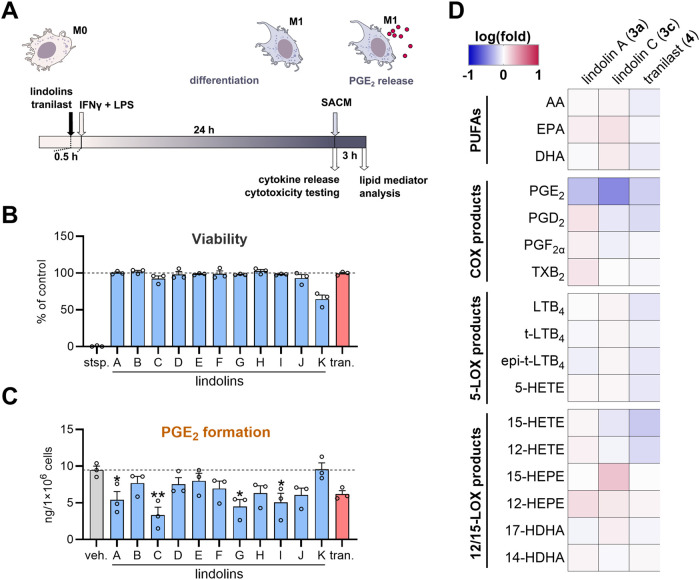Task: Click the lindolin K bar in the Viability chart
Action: [x=321, y=323]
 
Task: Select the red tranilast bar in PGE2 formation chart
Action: [x=342, y=517]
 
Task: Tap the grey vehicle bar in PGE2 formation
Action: [x=96, y=505]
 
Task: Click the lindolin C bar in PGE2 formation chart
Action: [x=158, y=527]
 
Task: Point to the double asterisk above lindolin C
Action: [x=158, y=496]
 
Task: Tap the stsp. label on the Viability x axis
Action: [x=96, y=363]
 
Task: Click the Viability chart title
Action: [x=219, y=239]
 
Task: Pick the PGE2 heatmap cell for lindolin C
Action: [x=614, y=191]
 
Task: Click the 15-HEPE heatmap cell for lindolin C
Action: [x=614, y=477]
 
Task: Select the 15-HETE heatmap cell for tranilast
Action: [x=645, y=423]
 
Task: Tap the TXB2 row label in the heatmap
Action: [x=548, y=273]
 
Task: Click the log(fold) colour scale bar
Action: [x=504, y=55]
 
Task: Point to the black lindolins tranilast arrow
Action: [x=70, y=123]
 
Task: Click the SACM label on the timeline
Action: [x=336, y=103]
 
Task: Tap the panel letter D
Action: [x=457, y=11]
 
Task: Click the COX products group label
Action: [x=476, y=231]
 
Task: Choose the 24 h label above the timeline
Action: [x=204, y=130]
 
